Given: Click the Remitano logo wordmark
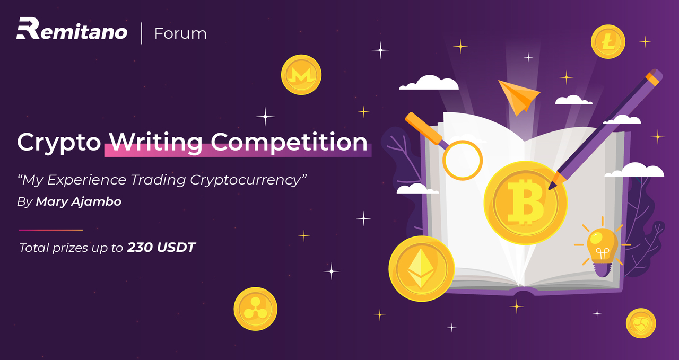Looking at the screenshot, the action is point(72,29).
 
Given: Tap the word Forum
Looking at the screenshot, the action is point(180,33).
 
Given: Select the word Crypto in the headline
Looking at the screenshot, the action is point(59,143).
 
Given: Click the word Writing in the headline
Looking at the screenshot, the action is point(156,143).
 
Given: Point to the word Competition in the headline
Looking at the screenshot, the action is point(289,143).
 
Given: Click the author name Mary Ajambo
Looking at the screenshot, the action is point(79,201).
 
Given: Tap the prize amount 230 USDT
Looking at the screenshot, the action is point(161,248).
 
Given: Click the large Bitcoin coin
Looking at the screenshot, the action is point(525,203).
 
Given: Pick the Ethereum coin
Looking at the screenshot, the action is point(421,268).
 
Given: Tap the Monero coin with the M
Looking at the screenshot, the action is point(301,75).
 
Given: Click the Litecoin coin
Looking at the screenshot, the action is point(608,41).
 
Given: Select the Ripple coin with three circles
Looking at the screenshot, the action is point(255,309).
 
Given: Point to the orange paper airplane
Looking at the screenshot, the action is point(519,96).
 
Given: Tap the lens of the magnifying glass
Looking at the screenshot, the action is point(463,160).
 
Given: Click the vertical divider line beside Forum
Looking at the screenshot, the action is point(142,33).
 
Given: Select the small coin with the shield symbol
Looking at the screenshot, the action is point(641,323).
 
